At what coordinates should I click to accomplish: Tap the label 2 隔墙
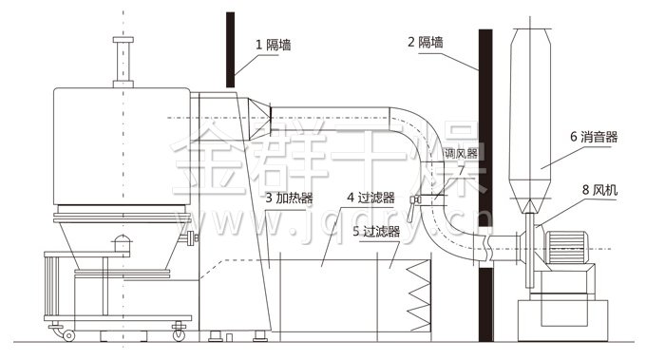[x=426, y=43]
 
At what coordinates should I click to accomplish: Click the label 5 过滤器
[x=375, y=231]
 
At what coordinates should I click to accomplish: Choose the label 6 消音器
[x=594, y=137]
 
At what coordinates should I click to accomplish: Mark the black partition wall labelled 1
[x=231, y=47]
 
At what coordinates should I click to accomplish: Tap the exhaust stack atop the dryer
[x=123, y=62]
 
